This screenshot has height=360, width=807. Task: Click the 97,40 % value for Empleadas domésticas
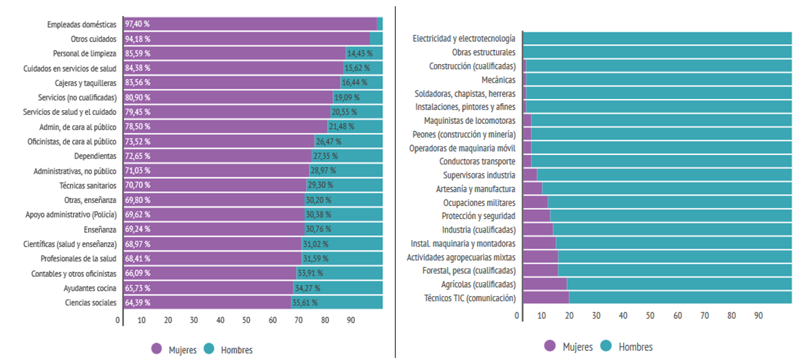click(x=138, y=24)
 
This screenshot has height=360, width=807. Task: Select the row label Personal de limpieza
click(x=85, y=54)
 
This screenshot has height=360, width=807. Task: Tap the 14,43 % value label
click(x=360, y=54)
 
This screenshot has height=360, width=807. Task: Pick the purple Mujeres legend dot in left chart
click(x=155, y=349)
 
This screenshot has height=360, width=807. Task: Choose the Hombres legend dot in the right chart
click(x=606, y=346)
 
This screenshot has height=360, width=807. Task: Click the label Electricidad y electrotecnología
click(x=464, y=39)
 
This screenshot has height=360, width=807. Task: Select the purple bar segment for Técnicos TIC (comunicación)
click(x=546, y=298)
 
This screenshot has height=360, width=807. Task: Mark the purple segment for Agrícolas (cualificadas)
click(x=545, y=284)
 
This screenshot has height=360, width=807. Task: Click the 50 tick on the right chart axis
click(x=650, y=315)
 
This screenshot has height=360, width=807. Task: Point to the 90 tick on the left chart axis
click(x=351, y=320)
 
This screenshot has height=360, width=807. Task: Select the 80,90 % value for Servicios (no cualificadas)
click(x=138, y=98)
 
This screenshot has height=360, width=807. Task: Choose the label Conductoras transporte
click(x=477, y=162)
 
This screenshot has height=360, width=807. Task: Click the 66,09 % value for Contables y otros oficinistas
click(x=138, y=274)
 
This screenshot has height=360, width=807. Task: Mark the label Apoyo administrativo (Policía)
click(x=71, y=215)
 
